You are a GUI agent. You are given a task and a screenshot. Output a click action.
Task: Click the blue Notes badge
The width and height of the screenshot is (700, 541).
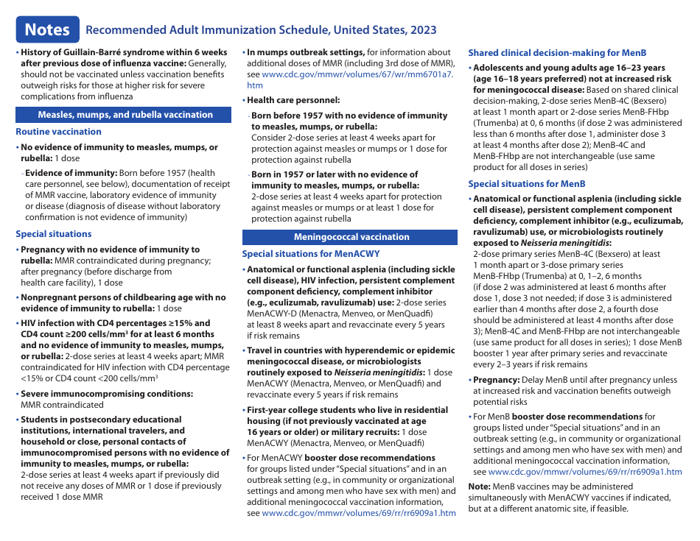[47, 29]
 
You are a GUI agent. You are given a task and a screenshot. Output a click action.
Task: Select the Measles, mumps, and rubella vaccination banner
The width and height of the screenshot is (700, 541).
[125, 115]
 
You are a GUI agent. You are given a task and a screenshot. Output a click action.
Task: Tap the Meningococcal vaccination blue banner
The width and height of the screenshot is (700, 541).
[351, 237]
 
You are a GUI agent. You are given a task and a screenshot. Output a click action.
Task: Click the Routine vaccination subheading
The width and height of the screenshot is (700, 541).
[59, 132]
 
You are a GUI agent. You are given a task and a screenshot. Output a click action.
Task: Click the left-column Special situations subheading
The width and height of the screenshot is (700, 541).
[54, 234]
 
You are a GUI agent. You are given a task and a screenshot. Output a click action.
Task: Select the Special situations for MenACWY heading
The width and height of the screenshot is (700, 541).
[311, 254]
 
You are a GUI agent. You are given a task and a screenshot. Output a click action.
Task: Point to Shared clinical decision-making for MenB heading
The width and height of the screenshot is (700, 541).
[557, 53]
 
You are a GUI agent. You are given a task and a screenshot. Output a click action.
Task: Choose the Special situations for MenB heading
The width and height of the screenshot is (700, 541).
[527, 184]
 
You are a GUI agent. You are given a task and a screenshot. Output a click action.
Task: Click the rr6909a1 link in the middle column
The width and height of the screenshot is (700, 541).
[359, 513]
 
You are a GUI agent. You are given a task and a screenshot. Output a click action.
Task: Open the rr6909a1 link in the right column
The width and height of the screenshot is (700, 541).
[585, 472]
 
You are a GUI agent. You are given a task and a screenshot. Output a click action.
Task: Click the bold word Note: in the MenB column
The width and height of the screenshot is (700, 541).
[480, 487]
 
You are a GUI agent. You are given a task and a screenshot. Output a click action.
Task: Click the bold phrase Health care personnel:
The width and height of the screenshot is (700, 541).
[293, 100]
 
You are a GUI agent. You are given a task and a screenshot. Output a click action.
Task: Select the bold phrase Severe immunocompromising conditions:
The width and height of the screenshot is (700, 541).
[107, 394]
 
